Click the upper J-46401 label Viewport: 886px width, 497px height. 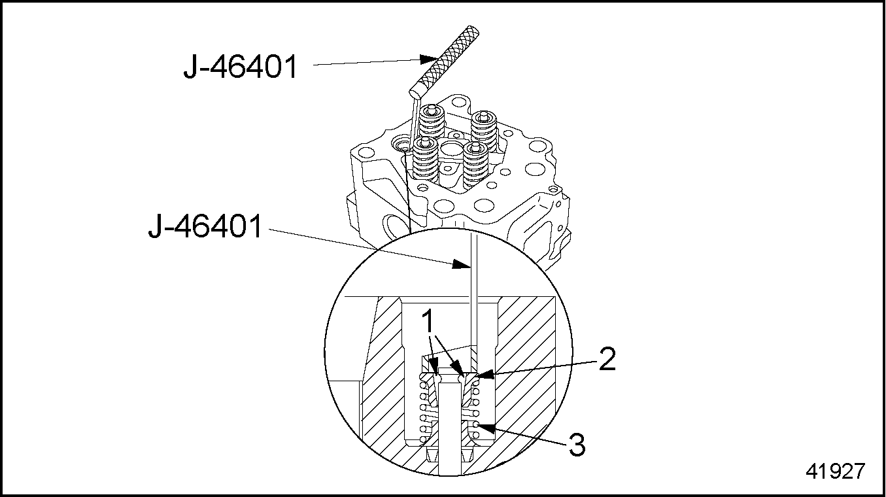point(241,67)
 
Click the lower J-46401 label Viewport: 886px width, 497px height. point(205,226)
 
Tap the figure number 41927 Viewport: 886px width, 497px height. point(836,471)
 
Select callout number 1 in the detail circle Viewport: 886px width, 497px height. point(428,321)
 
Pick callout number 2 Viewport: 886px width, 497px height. point(607,359)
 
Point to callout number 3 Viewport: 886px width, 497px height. point(577,445)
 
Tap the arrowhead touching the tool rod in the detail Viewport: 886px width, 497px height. point(462,264)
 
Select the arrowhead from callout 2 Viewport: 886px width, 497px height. point(486,374)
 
